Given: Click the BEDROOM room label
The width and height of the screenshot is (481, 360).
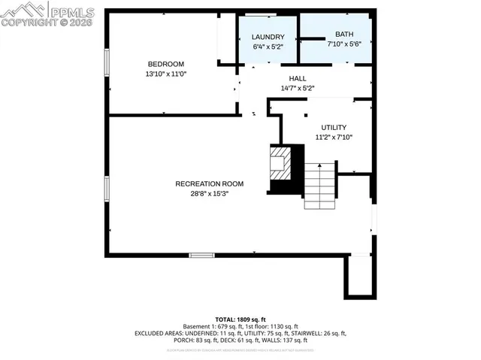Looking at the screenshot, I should pyautogui.click(x=165, y=64).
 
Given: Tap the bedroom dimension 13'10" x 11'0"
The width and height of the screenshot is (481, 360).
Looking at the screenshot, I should pyautogui.click(x=165, y=74).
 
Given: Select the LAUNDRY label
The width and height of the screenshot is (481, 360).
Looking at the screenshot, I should pyautogui.click(x=268, y=37).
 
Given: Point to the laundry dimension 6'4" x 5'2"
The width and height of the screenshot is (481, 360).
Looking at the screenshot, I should pyautogui.click(x=268, y=47).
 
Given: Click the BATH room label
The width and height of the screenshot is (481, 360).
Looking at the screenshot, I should pyautogui.click(x=344, y=35).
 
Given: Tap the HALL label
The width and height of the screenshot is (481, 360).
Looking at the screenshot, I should pyautogui.click(x=298, y=78).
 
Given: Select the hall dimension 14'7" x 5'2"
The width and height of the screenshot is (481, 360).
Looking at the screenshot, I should pyautogui.click(x=298, y=89).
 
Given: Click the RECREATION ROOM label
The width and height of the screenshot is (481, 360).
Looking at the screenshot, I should pyautogui.click(x=201, y=184).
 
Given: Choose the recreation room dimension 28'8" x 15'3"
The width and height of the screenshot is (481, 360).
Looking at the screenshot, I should pyautogui.click(x=201, y=194).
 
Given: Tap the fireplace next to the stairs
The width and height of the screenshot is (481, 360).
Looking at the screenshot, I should pyautogui.click(x=280, y=162).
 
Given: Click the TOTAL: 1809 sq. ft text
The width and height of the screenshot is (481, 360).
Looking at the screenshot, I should pyautogui.click(x=240, y=319).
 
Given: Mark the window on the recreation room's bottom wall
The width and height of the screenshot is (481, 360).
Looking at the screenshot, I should pyautogui.click(x=201, y=256).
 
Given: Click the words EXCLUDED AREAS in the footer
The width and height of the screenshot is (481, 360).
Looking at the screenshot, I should pyautogui.click(x=161, y=333).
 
